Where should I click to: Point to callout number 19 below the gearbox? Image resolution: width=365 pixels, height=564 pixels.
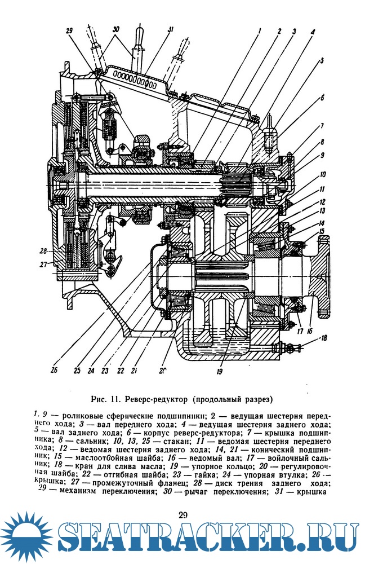click(x=219, y=372)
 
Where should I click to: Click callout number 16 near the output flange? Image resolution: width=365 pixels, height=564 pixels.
click(x=310, y=332)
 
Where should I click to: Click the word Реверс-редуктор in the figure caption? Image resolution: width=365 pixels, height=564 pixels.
click(x=155, y=401)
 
